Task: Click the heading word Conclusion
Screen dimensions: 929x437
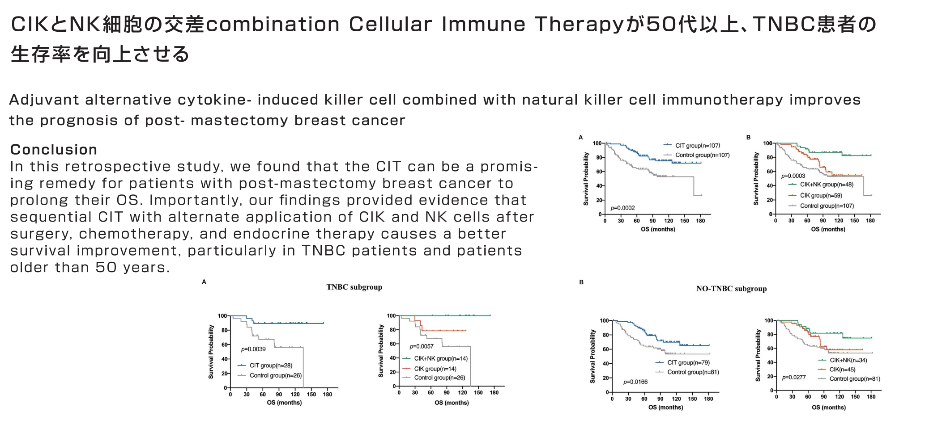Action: coord(54,149)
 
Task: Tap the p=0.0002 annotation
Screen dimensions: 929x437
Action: coord(622,208)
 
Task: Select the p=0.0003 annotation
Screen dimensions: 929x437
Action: coord(793,176)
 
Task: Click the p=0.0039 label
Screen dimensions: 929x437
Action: coord(253,349)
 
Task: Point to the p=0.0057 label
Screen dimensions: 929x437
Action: coord(422,346)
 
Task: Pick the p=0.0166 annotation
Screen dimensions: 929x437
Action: coord(635,382)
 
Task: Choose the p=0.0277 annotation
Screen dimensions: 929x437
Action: coord(794,378)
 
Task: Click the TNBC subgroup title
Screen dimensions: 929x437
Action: coord(354,287)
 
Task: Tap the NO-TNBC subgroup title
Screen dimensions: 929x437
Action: coord(731,289)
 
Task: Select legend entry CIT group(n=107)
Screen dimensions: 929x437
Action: coord(698,146)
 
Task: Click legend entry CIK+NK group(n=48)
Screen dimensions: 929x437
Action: coord(827,185)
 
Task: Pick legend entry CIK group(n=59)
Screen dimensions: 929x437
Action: coord(821,195)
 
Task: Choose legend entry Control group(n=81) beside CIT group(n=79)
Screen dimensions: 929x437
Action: coord(693,372)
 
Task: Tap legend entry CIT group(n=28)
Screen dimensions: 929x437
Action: coord(271,366)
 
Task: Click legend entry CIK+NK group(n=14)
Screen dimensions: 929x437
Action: coord(441,358)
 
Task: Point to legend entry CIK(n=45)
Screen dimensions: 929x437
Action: coord(842,370)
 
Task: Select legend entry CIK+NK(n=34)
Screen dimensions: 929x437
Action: coord(848,360)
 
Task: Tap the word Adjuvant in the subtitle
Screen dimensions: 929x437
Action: coord(43,100)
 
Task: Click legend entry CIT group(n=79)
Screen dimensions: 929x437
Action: coord(688,363)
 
